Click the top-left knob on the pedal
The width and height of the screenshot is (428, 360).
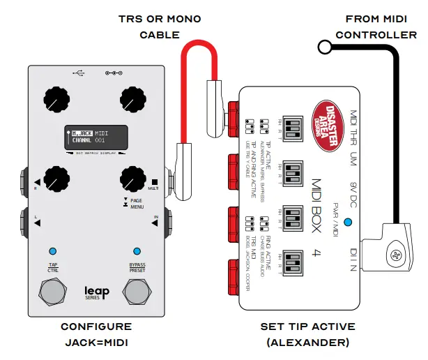click(54, 99)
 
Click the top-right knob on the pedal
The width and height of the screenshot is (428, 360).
click(131, 99)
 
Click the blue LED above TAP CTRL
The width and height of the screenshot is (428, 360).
click(53, 251)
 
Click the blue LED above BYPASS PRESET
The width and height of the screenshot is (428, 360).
click(137, 251)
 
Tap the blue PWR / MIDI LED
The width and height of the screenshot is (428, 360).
click(348, 224)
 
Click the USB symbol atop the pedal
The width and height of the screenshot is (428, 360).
click(78, 72)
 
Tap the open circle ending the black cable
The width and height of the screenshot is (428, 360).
click(324, 47)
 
